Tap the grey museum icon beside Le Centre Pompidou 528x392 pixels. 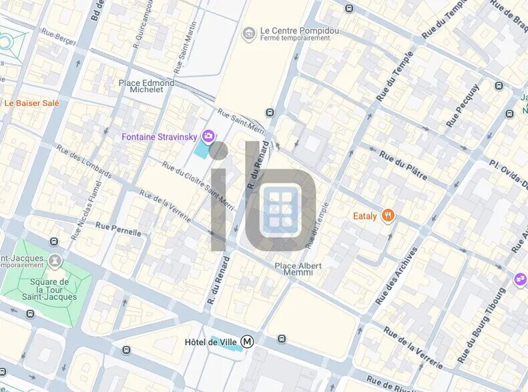click(249, 33)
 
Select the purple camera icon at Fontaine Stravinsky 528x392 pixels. click(208, 137)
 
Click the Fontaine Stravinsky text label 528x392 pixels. click(159, 137)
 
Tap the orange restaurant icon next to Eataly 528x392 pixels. click(388, 215)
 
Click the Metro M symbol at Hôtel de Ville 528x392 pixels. click(248, 342)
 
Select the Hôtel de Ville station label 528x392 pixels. click(211, 342)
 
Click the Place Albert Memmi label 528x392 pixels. click(298, 269)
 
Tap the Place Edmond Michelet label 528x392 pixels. click(146, 86)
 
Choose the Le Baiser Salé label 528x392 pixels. click(31, 103)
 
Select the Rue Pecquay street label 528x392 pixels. click(463, 105)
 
